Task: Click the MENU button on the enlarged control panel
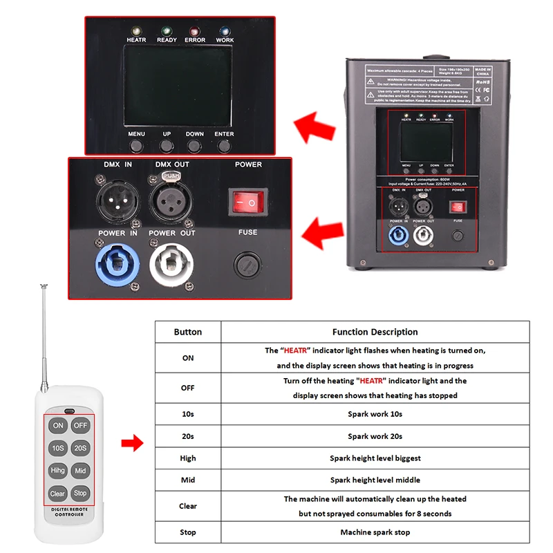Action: (x=137, y=146)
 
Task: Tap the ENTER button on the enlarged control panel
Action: (x=224, y=146)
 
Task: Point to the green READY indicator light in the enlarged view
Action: (x=166, y=31)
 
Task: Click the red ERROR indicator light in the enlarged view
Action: (x=195, y=31)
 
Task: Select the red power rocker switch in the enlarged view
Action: (x=247, y=201)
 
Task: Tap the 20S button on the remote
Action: (x=81, y=448)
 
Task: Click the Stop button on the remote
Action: (x=81, y=494)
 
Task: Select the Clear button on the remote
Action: (x=57, y=494)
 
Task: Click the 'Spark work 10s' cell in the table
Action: (x=375, y=414)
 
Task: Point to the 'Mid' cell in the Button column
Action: (x=188, y=480)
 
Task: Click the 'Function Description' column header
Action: (x=375, y=332)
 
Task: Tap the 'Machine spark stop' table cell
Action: (x=375, y=532)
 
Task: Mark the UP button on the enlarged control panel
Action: (x=167, y=146)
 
